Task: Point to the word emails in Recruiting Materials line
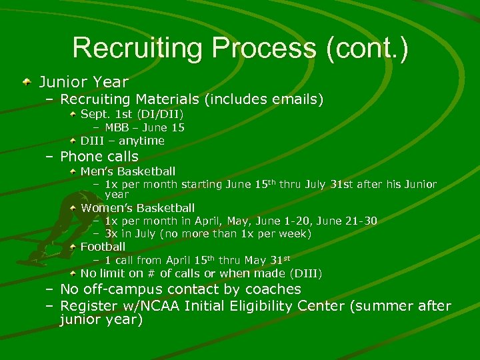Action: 294,100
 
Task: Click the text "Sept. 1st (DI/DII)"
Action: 132,114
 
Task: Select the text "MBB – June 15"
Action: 145,127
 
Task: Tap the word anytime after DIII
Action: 141,141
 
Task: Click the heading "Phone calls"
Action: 99,157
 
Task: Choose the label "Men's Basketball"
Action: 128,171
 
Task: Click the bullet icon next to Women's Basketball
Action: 74,208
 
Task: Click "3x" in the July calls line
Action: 111,233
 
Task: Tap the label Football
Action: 103,247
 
